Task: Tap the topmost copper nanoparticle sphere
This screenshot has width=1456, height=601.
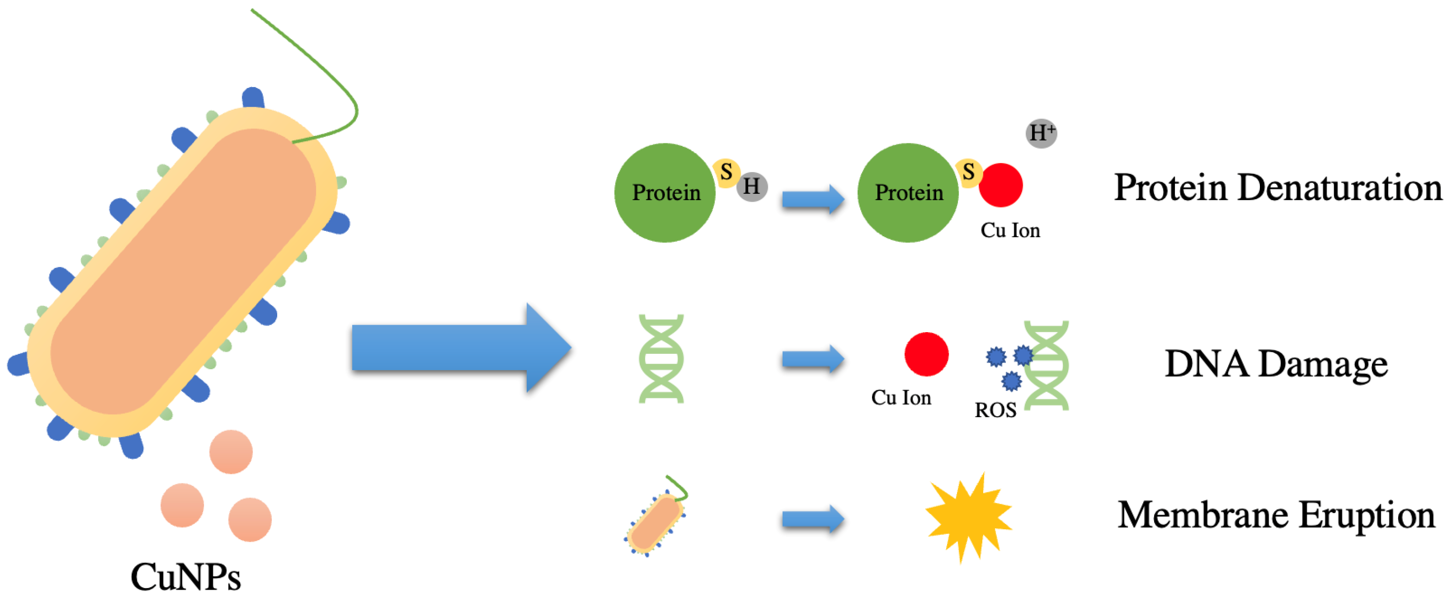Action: pos(231,452)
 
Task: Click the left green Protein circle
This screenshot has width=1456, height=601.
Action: pos(665,193)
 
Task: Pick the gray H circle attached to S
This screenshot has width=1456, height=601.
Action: pos(752,186)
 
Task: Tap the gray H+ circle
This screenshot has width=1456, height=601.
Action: pos(1041,133)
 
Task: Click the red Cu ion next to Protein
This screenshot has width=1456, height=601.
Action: pos(1000,185)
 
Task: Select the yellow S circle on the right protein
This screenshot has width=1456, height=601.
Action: pos(968,172)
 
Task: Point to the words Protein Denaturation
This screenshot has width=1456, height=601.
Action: pos(1277,188)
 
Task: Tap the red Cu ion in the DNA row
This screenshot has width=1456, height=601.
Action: pos(926,354)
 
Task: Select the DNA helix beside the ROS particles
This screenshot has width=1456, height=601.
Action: pos(1047,365)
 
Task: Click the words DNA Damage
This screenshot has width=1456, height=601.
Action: pos(1276,364)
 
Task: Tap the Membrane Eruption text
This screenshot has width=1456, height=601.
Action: pos(1276,515)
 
